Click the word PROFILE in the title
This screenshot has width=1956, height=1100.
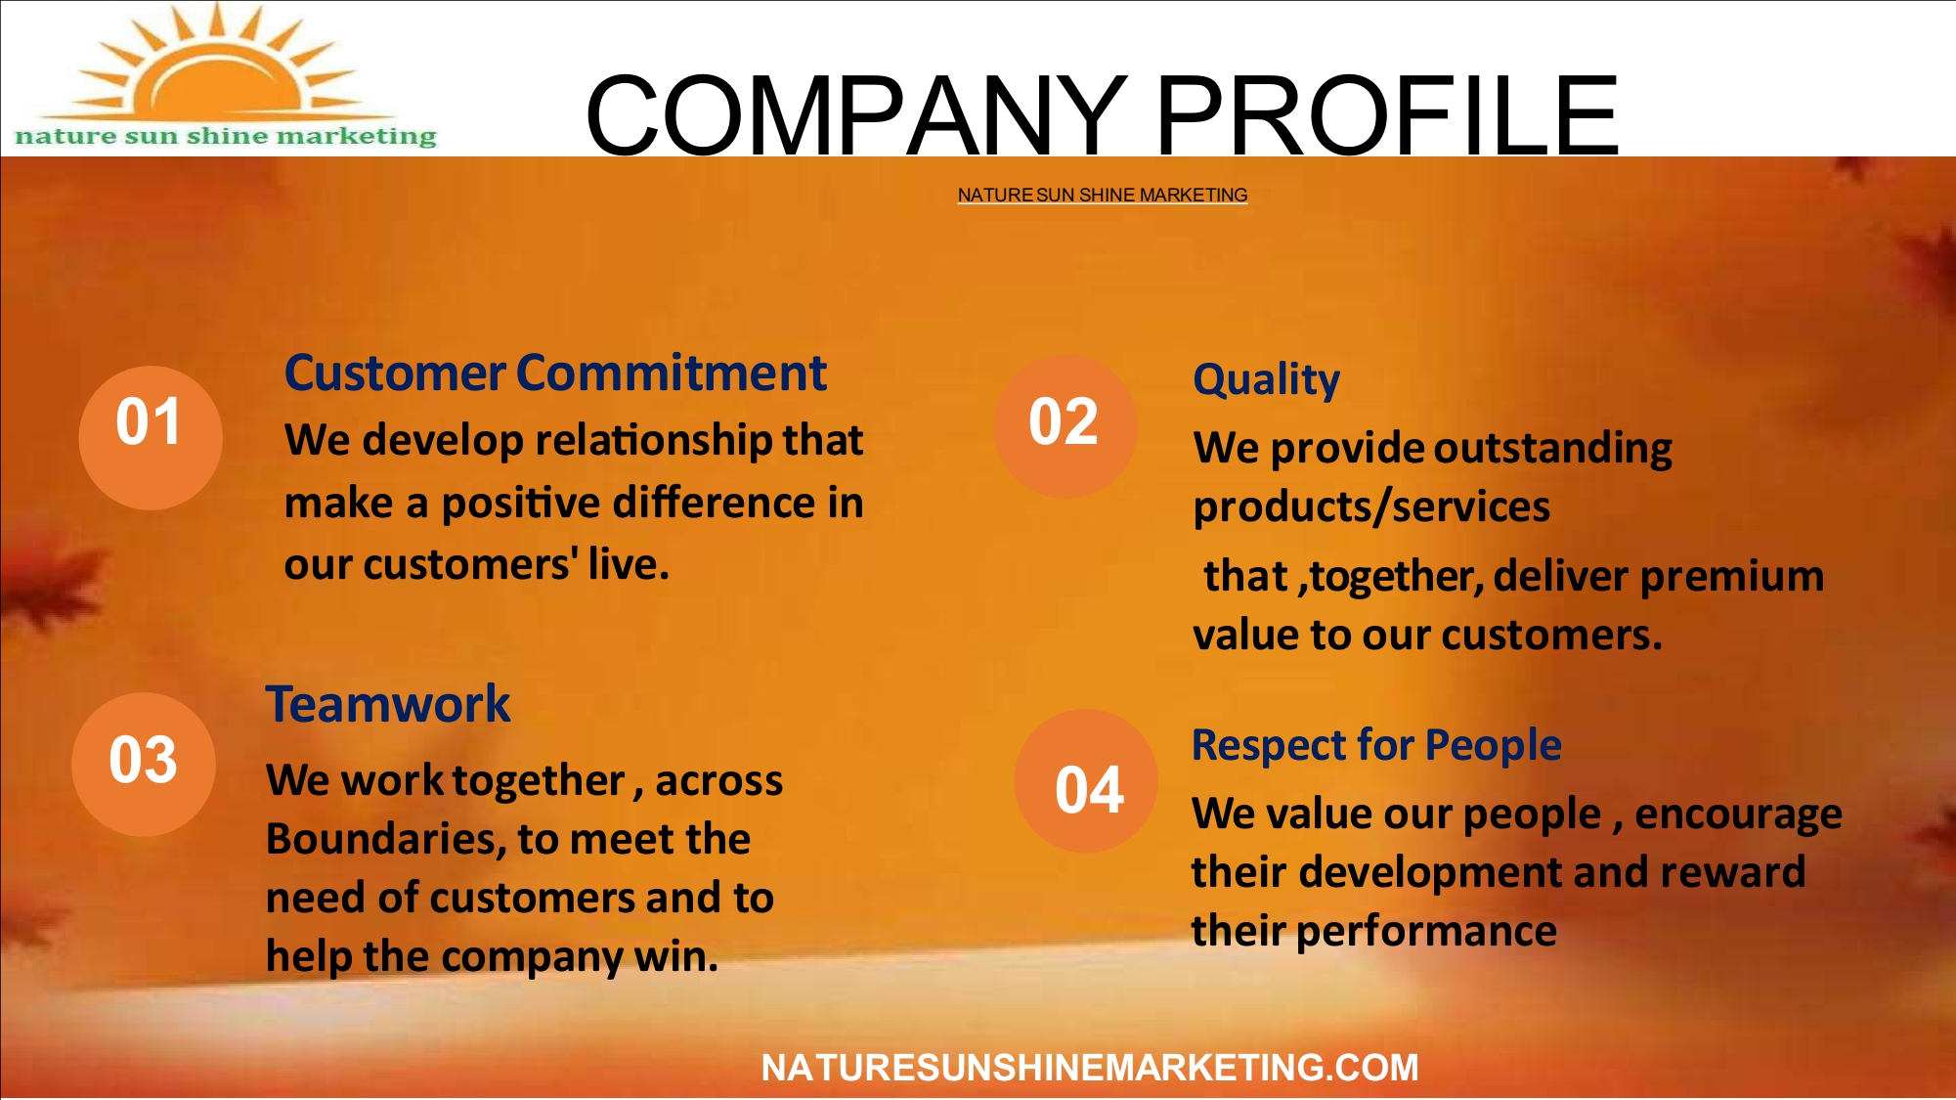point(1387,115)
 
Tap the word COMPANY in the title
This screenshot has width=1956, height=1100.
point(856,115)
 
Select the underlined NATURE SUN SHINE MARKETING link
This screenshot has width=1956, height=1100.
point(1102,195)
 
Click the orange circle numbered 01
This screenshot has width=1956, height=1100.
point(151,437)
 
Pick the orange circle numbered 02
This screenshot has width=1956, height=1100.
point(1065,426)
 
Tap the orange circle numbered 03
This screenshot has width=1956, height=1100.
point(144,764)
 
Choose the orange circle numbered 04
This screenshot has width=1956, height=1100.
point(1086,780)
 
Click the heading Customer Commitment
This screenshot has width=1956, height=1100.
point(555,373)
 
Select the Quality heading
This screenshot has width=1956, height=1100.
point(1266,379)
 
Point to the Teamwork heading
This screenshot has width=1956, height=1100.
point(388,704)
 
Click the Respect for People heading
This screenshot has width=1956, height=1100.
point(1376,745)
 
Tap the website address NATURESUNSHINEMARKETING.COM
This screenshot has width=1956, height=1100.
point(1090,1068)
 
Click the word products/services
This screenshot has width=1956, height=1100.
point(1371,507)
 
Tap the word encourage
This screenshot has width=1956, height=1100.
point(1738,815)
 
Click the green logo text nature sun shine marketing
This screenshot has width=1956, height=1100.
point(226,136)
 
